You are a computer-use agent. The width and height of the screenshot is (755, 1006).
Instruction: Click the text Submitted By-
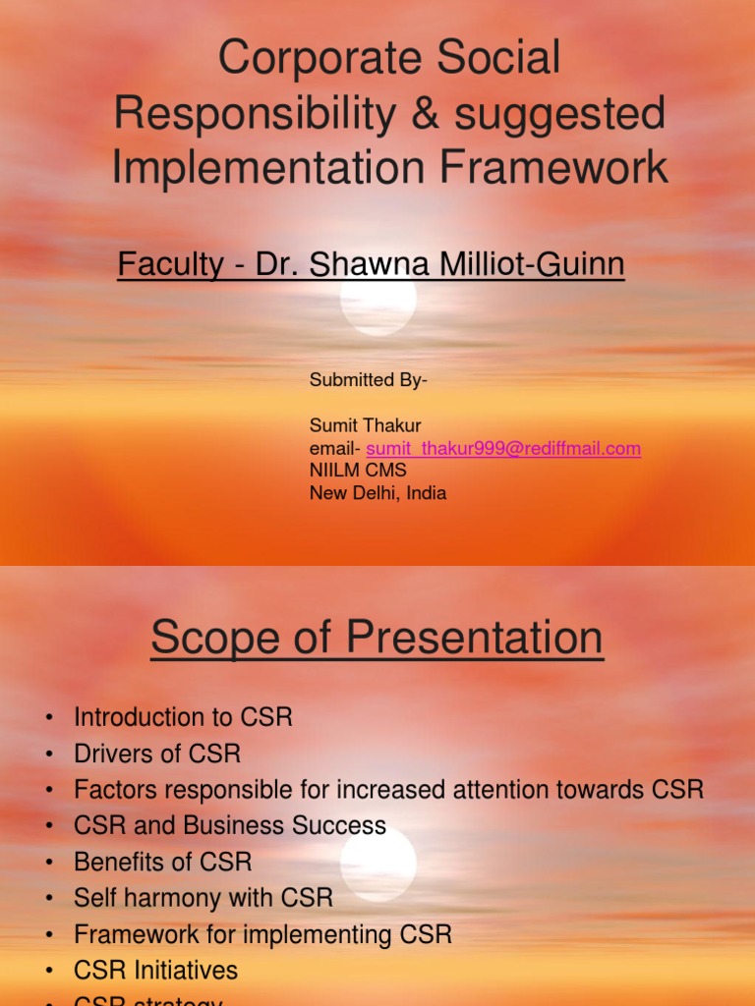[369, 380]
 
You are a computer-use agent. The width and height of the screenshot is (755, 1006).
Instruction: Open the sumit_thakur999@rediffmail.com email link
[503, 448]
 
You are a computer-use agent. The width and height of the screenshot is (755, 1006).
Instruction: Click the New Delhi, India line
[377, 493]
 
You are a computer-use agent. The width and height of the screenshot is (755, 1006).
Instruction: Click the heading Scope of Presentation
[377, 639]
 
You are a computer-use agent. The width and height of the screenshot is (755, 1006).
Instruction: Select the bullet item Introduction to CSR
[183, 717]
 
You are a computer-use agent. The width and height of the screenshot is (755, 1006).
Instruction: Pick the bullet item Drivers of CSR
[157, 754]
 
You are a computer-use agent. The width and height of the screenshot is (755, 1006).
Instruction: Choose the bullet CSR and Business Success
[230, 826]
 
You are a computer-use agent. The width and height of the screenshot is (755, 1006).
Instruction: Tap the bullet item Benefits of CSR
[163, 863]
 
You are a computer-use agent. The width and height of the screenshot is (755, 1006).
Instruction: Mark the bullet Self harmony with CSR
[203, 898]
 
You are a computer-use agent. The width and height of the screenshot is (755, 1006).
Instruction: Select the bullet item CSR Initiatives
[155, 971]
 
